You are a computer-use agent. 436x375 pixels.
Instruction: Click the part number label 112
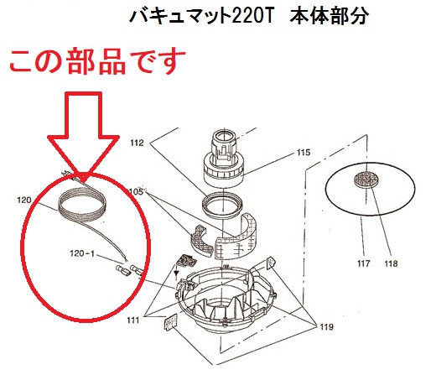(x=137, y=143)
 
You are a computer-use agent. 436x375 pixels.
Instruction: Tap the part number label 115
(x=304, y=153)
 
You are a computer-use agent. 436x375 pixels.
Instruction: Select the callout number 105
(x=137, y=192)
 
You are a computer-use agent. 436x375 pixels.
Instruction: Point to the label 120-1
(x=82, y=253)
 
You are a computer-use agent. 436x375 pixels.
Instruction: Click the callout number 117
(x=363, y=263)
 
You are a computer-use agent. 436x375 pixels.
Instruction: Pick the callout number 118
(x=391, y=263)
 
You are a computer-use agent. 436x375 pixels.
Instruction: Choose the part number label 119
(x=327, y=326)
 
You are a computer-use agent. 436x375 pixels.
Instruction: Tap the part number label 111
(x=133, y=320)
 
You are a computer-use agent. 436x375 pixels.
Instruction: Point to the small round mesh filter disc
(x=366, y=178)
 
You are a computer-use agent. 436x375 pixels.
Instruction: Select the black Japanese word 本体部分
(x=330, y=16)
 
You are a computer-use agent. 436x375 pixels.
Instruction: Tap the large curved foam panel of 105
(x=236, y=237)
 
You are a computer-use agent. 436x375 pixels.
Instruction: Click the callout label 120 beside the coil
(x=24, y=201)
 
